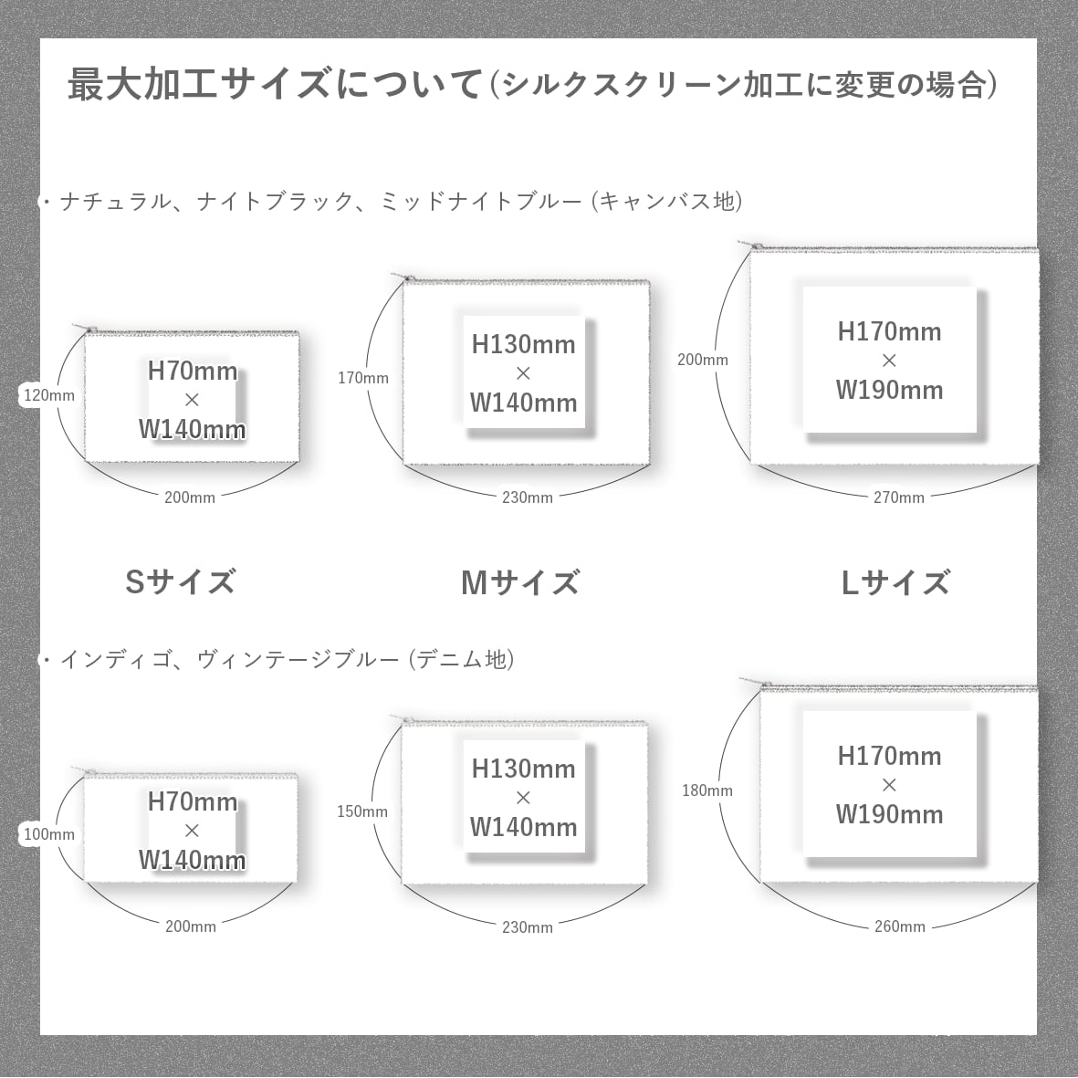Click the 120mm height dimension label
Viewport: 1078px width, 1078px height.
pos(49,395)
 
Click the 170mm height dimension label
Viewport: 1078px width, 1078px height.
pos(362,378)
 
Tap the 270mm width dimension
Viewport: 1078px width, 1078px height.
pos(899,497)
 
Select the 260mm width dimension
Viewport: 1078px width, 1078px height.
pos(900,926)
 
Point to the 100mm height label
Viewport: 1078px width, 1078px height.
pos(49,834)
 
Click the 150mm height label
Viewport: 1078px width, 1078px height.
pos(362,811)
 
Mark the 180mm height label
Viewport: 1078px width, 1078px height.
pos(707,790)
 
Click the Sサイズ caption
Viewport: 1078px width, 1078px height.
pos(180,582)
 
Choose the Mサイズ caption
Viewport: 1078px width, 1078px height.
pos(519,582)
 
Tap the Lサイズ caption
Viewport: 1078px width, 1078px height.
pos(895,582)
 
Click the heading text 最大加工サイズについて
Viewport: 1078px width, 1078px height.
pos(274,85)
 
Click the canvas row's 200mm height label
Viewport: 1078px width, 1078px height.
pos(703,360)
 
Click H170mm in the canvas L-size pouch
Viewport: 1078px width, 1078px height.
pos(889,331)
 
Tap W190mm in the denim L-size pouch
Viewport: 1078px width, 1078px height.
pos(889,814)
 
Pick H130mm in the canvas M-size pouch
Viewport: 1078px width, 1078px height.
pos(523,344)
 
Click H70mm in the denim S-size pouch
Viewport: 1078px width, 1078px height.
pos(193,801)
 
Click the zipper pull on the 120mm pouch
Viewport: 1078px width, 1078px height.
pos(89,329)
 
